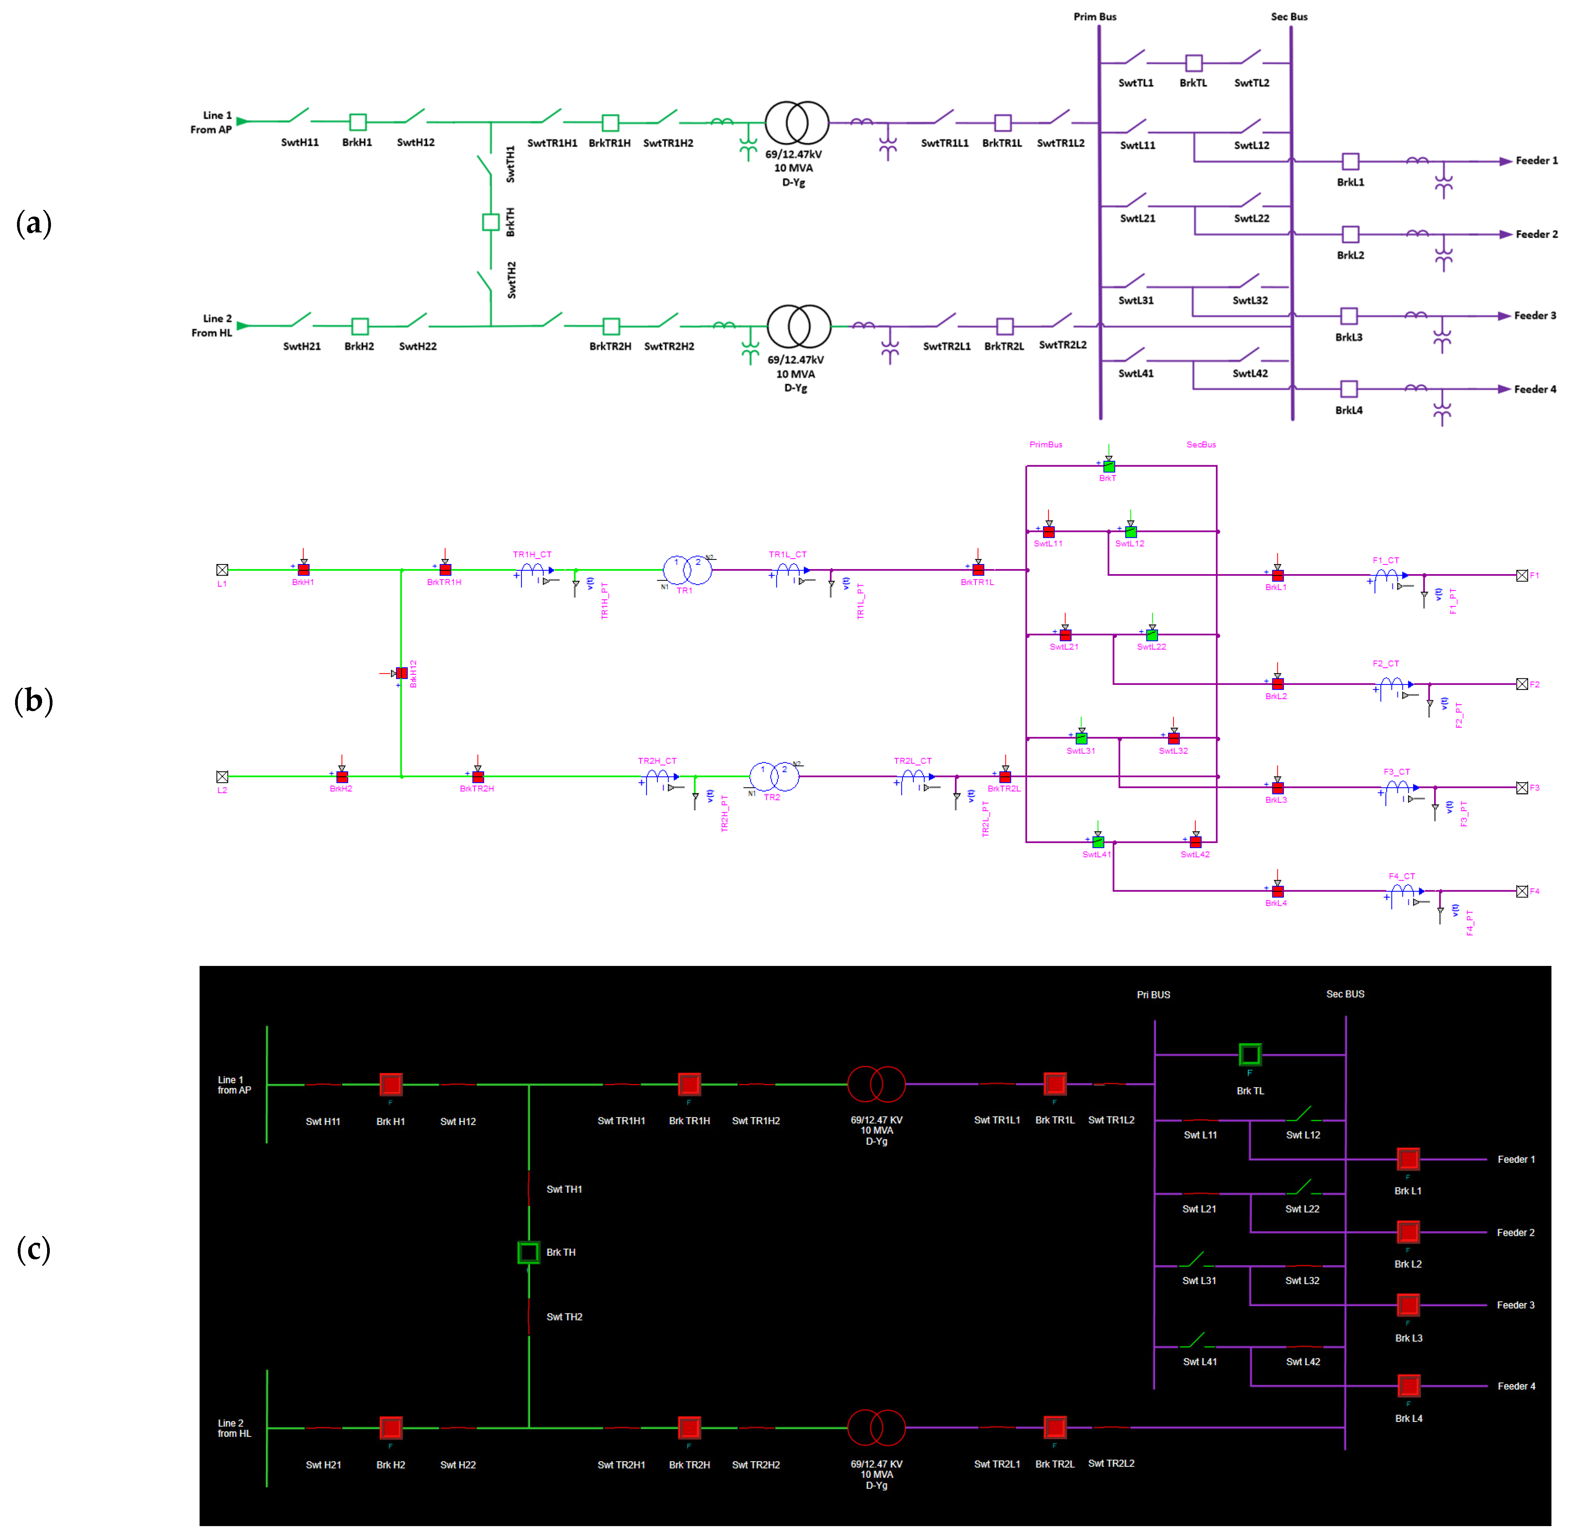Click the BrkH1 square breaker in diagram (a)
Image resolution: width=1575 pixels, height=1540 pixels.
point(357,122)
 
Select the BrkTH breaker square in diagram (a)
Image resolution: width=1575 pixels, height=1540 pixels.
point(490,222)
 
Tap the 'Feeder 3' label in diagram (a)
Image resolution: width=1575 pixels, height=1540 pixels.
point(1534,315)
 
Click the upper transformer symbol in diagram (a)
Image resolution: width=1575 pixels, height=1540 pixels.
point(797,122)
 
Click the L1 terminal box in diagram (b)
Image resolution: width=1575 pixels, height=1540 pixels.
point(222,570)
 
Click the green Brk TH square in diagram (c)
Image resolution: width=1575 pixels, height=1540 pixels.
point(528,1252)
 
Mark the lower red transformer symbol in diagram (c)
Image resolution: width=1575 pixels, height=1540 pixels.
point(876,1428)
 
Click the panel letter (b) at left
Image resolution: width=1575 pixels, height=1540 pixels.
point(34,700)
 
